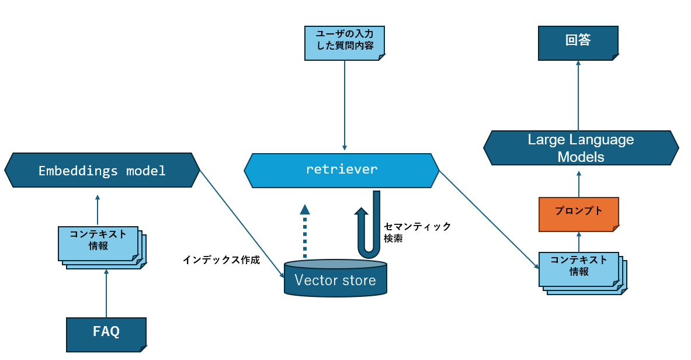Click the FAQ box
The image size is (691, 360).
[106, 334]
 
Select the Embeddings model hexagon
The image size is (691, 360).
[102, 170]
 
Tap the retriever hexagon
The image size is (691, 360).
[342, 170]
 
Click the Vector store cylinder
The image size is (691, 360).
[335, 278]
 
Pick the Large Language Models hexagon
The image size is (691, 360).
[581, 148]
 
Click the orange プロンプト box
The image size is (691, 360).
[579, 214]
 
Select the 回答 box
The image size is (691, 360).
[578, 43]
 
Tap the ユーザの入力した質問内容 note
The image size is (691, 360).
[345, 43]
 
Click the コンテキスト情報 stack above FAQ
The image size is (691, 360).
[102, 248]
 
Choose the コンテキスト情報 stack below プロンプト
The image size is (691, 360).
[582, 273]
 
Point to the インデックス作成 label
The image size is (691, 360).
[221, 260]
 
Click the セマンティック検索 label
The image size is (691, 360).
[417, 232]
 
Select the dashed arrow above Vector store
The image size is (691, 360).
[304, 231]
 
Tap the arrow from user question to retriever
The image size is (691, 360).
[345, 105]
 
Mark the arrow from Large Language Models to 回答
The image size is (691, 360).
[578, 95]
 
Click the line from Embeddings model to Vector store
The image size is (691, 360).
[242, 224]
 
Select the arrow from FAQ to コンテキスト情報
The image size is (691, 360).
[106, 293]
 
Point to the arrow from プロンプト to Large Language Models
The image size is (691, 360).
[579, 184]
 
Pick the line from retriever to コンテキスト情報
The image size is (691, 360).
[489, 220]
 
